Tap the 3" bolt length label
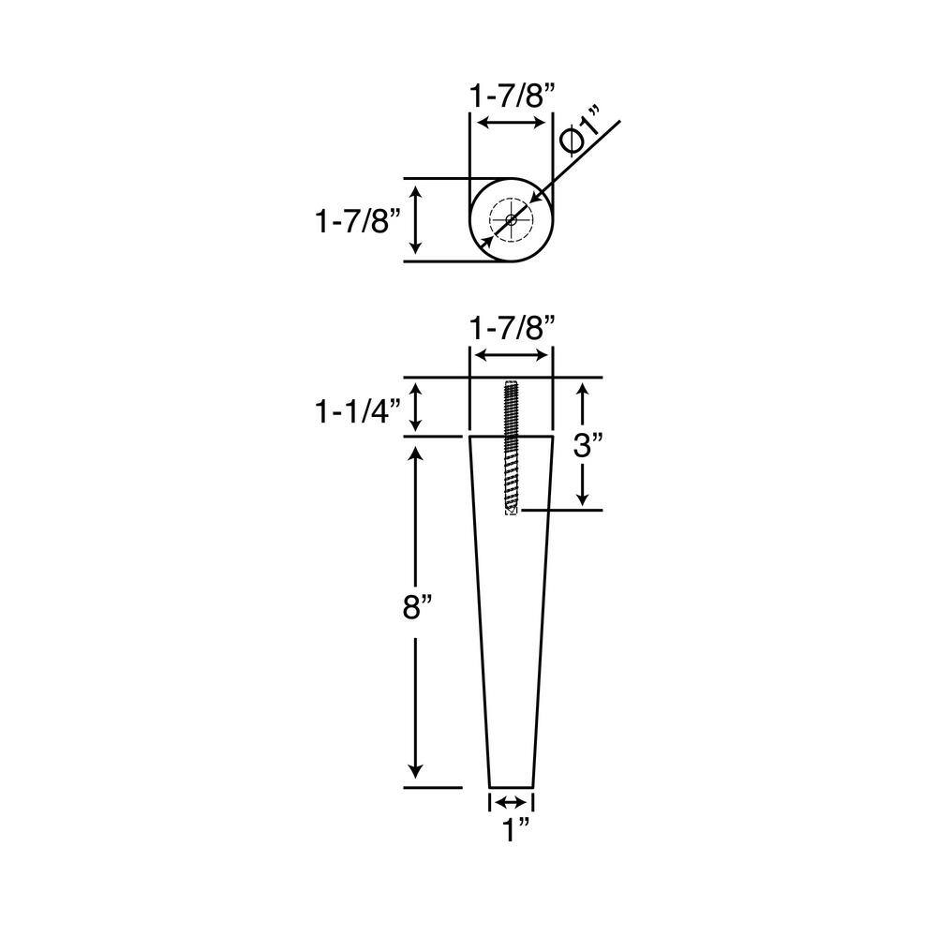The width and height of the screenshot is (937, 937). coord(586,444)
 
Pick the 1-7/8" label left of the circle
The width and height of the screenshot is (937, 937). coord(358,221)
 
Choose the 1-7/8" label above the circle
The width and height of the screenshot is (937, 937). coord(512,94)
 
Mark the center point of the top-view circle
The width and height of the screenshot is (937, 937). coord(511,221)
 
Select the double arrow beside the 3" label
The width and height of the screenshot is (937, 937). coord(584,444)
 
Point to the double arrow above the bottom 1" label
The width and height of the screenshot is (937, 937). coord(511,802)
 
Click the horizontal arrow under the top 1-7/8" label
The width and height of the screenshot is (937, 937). coord(511,123)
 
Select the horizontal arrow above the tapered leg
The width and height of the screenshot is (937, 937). coord(511,355)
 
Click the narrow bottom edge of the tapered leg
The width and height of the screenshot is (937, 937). coord(512,786)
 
